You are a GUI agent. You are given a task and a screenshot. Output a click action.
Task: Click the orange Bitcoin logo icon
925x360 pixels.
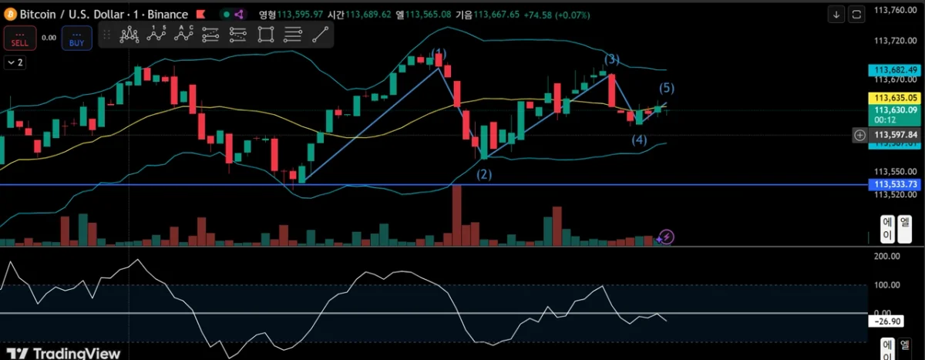pyautogui.click(x=11, y=14)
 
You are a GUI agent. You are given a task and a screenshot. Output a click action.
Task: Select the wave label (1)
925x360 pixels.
pyautogui.click(x=439, y=53)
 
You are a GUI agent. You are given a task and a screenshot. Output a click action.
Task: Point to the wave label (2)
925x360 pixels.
pyautogui.click(x=483, y=174)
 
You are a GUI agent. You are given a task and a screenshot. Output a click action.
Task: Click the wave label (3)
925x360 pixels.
pyautogui.click(x=611, y=59)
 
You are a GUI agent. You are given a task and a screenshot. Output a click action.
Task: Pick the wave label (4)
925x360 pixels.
pyautogui.click(x=639, y=140)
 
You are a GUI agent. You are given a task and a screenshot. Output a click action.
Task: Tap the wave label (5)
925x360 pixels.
pyautogui.click(x=666, y=87)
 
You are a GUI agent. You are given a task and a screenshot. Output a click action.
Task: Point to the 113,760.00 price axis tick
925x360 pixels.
pyautogui.click(x=895, y=10)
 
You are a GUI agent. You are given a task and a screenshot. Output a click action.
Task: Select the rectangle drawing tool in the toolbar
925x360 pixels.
pyautogui.click(x=266, y=35)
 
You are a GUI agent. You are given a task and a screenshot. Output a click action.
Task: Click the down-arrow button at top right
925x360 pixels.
pyautogui.click(x=837, y=14)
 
